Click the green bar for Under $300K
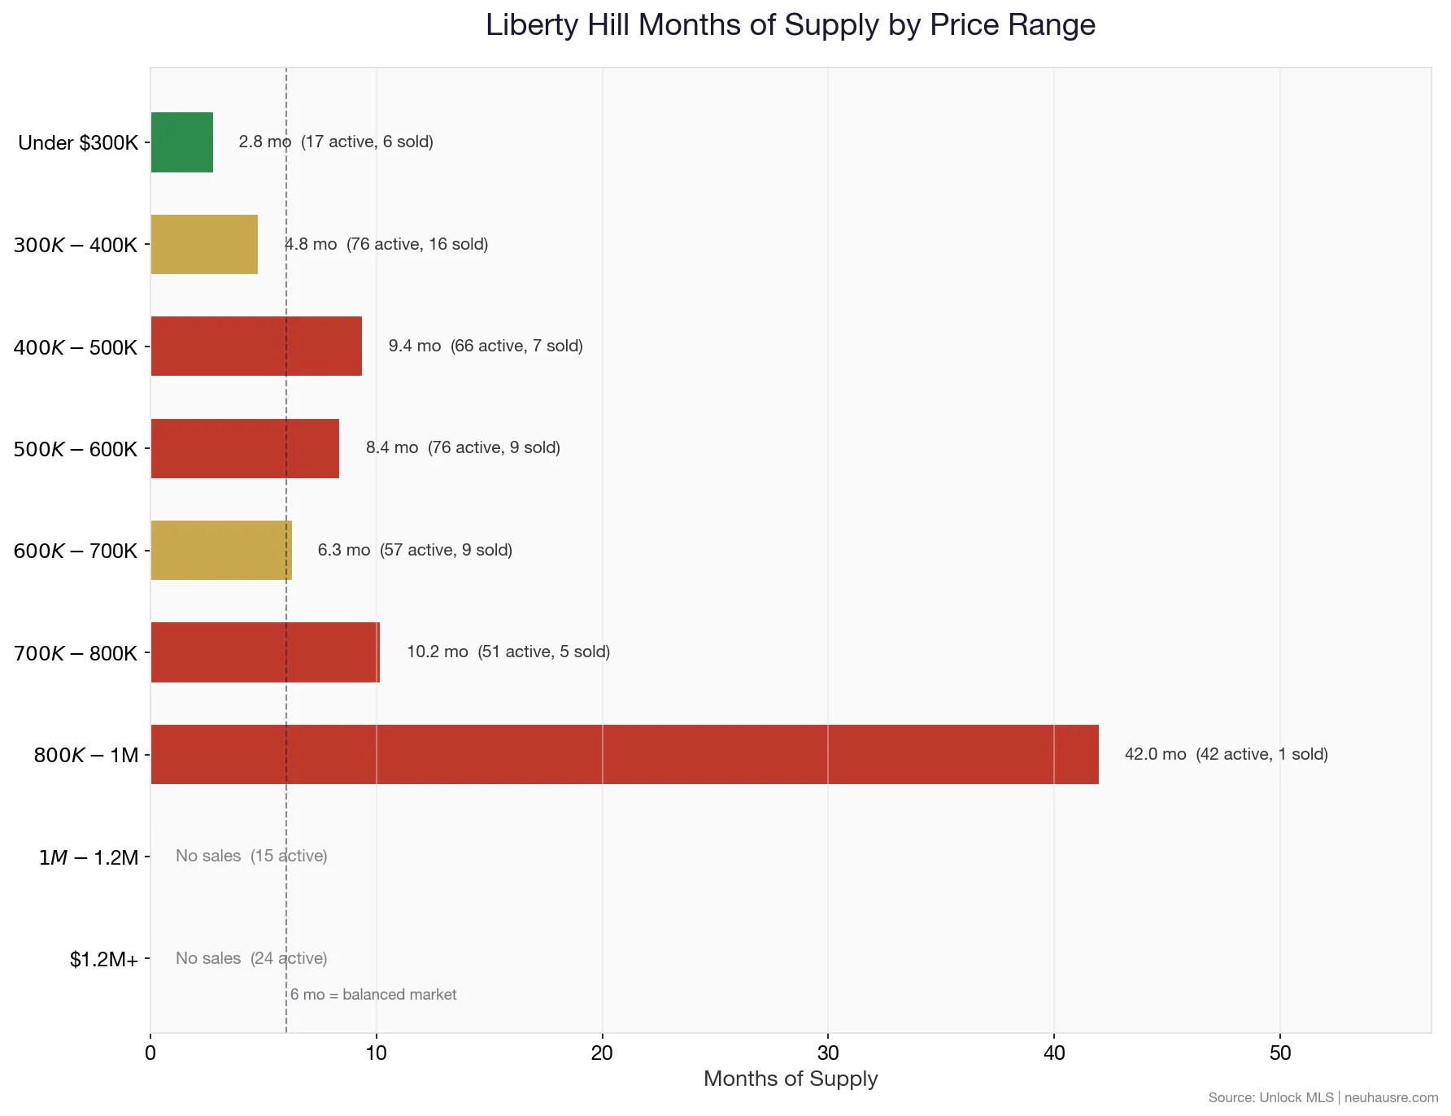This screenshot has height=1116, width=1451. point(182,142)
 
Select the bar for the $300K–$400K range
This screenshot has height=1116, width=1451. point(204,245)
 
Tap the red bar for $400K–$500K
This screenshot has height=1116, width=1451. point(256,347)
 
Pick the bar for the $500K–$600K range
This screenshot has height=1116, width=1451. point(245,448)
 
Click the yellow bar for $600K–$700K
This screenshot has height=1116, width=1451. point(221,551)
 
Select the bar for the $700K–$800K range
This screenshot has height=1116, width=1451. point(265,652)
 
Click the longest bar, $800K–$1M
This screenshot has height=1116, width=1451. point(625,755)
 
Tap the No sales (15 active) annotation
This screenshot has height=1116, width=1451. point(251,856)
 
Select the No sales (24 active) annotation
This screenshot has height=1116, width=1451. point(251,958)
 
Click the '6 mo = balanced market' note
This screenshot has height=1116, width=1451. point(373,995)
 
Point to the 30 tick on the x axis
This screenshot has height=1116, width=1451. point(828,1053)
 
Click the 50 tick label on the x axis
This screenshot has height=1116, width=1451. point(1280,1053)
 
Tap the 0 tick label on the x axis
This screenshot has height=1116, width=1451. point(150,1053)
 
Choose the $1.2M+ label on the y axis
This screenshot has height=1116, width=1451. point(104,960)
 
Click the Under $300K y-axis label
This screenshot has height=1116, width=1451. point(78,143)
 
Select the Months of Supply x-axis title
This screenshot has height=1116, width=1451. point(791,1079)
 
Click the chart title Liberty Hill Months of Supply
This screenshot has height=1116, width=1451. point(791,25)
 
